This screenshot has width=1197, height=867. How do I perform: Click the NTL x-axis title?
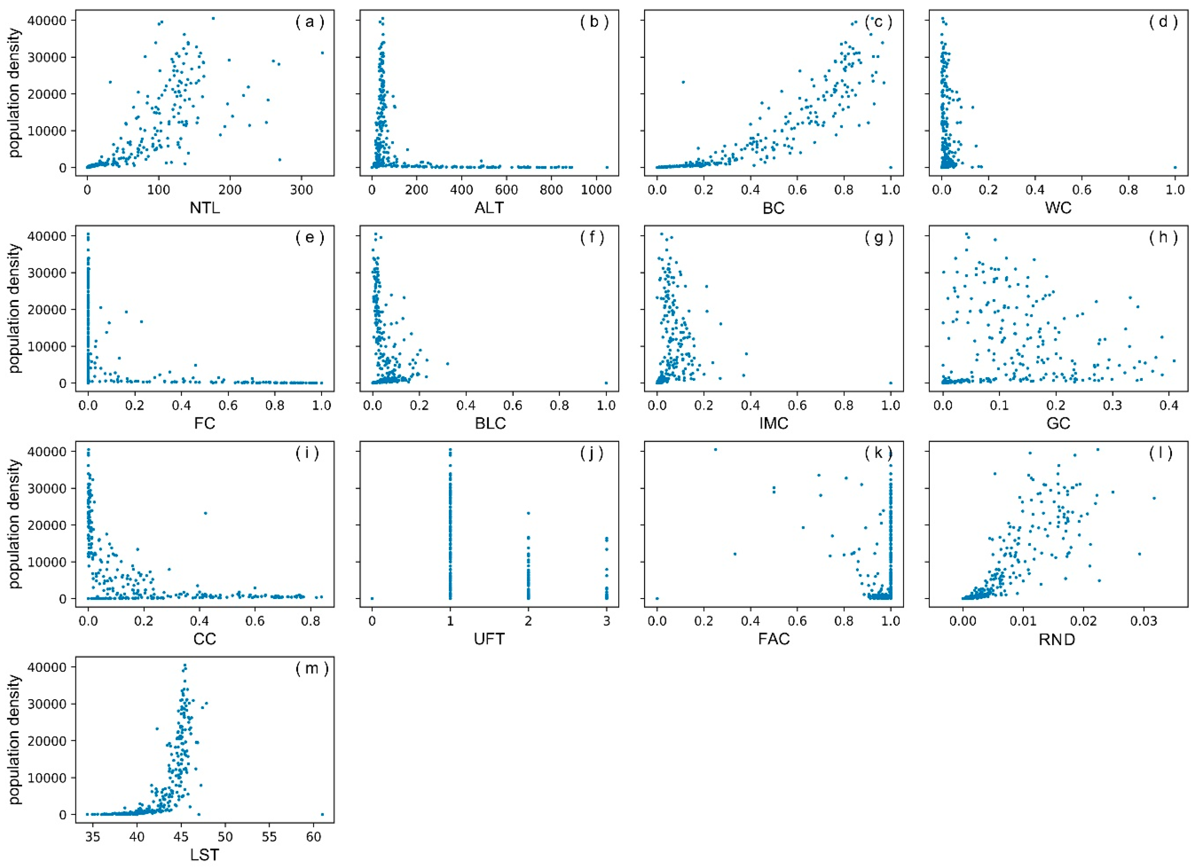tap(205, 208)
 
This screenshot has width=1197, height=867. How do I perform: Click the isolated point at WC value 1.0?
tap(1175, 167)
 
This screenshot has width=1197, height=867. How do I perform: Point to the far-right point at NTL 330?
tap(322, 53)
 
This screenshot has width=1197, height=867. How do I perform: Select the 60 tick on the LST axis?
tap(314, 837)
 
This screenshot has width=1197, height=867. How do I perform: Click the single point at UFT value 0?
tap(372, 598)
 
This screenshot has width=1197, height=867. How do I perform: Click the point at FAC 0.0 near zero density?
tap(657, 598)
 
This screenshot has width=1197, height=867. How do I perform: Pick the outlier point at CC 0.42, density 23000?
tap(205, 513)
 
